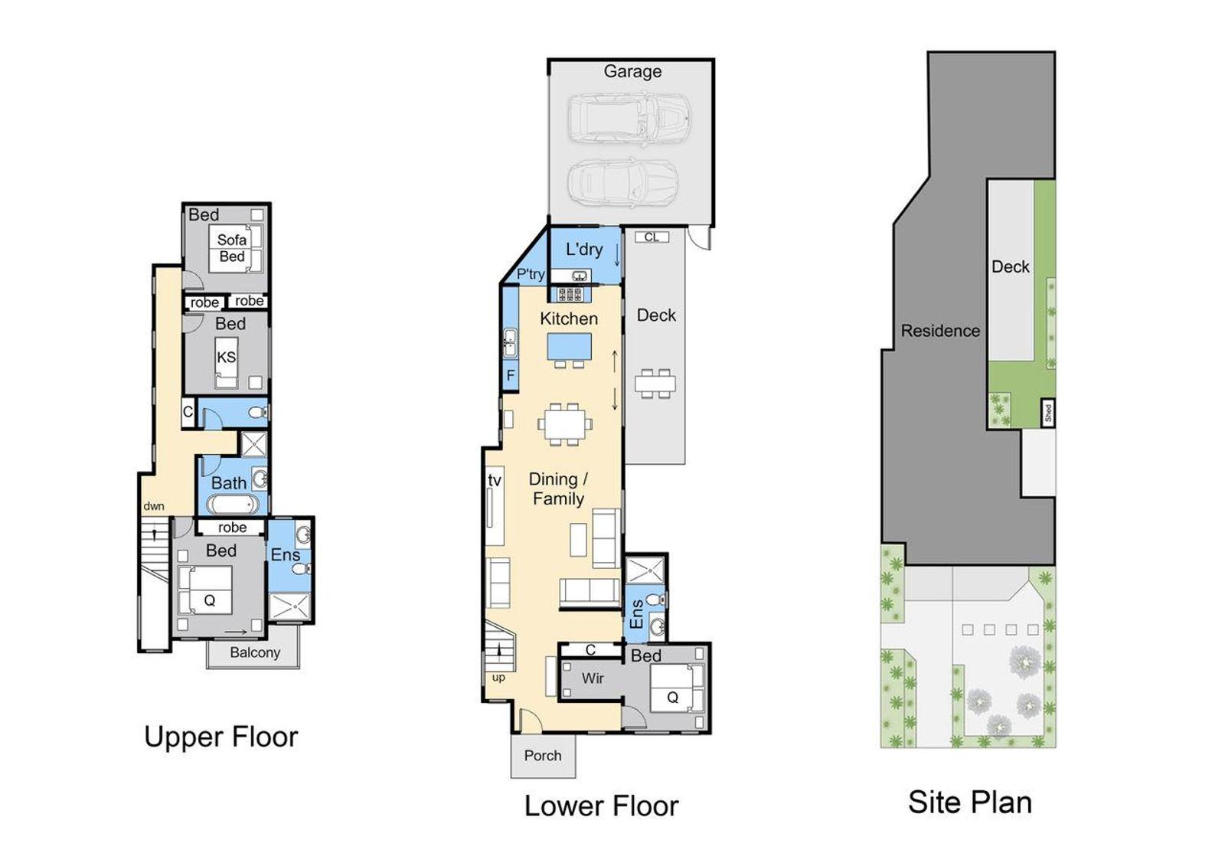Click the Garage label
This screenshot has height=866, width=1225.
click(x=632, y=72)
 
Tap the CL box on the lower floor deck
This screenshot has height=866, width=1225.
click(x=652, y=237)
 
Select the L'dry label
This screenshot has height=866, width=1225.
click(x=584, y=250)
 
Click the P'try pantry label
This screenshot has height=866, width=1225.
click(x=531, y=274)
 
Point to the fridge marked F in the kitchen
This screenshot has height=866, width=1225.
click(x=510, y=375)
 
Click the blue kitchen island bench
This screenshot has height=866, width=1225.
click(x=570, y=347)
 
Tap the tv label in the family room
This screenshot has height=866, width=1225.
click(x=495, y=481)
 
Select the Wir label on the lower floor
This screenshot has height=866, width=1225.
click(x=593, y=678)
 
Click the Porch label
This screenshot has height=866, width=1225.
click(x=543, y=756)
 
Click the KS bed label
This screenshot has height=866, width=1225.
click(x=226, y=358)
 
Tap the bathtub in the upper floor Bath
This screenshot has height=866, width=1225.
click(x=234, y=504)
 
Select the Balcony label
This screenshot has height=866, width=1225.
click(x=255, y=652)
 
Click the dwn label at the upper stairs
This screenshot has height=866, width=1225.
click(x=154, y=506)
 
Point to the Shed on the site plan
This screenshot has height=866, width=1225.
click(x=1048, y=412)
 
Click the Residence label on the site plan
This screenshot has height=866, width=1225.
click(x=940, y=331)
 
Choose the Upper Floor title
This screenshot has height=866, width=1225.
click(x=221, y=737)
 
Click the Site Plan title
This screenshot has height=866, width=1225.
click(x=970, y=802)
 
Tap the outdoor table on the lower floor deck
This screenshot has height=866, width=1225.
click(x=655, y=384)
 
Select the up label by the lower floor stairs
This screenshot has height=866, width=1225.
click(x=498, y=678)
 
